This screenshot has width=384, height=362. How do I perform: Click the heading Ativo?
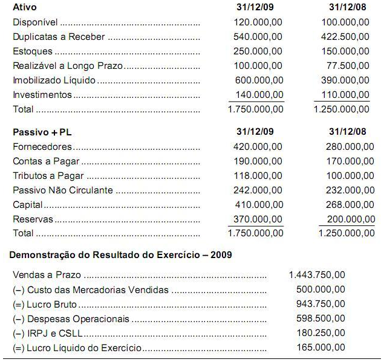24,7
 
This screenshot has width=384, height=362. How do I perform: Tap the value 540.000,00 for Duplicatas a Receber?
258,37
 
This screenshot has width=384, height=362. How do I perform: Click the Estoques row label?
33,51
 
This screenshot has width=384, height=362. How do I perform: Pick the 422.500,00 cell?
344,37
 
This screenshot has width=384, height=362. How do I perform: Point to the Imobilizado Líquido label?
54,80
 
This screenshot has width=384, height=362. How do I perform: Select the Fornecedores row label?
42,146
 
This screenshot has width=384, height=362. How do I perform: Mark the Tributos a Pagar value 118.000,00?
258,175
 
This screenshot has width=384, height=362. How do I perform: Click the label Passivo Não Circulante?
63,190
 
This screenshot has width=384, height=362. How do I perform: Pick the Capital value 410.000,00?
258,205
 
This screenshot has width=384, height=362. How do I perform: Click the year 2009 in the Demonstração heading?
221,255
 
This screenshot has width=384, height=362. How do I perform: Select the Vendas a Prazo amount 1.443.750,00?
317,275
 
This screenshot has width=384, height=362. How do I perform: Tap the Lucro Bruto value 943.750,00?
321,304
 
